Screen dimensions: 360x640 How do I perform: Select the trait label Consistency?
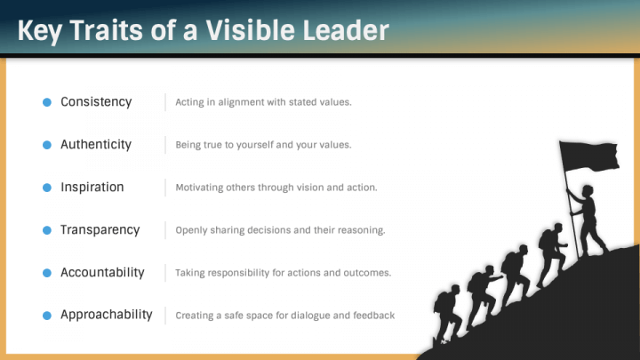point(96,102)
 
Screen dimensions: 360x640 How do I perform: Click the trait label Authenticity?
point(96,145)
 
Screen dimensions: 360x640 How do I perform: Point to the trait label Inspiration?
point(92,188)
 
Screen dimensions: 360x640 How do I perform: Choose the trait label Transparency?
point(100,230)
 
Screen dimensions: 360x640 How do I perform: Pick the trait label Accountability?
point(102,273)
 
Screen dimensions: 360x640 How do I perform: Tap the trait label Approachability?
point(107,315)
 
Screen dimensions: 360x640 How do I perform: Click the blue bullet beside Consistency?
point(47,102)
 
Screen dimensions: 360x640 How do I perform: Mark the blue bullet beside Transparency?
point(47,230)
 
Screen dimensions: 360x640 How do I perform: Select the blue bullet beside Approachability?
point(47,316)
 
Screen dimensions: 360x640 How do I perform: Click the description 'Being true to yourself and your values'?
point(263,145)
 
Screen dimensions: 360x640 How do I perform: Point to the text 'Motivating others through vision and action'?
point(276,188)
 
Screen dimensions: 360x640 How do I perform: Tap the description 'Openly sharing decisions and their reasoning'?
point(280,230)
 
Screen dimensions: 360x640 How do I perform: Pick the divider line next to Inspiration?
point(165,188)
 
